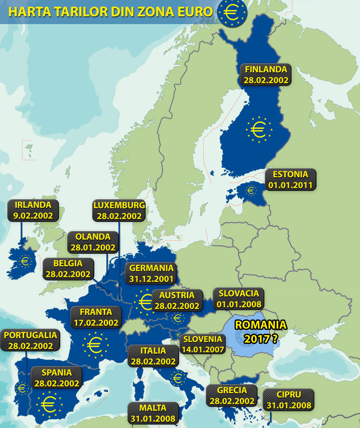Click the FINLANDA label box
point(266,75)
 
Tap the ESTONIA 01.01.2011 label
point(292,180)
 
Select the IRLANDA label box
point(33,210)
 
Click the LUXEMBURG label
point(119,210)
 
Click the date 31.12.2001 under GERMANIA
point(151,279)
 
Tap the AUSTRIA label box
point(177,300)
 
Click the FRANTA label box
point(96,317)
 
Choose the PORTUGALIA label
point(30,340)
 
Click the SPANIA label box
point(57,378)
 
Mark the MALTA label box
point(153,413)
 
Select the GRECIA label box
point(233,395)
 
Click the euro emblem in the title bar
point(232,12)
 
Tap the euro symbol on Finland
point(259,129)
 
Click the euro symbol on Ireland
point(25,260)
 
